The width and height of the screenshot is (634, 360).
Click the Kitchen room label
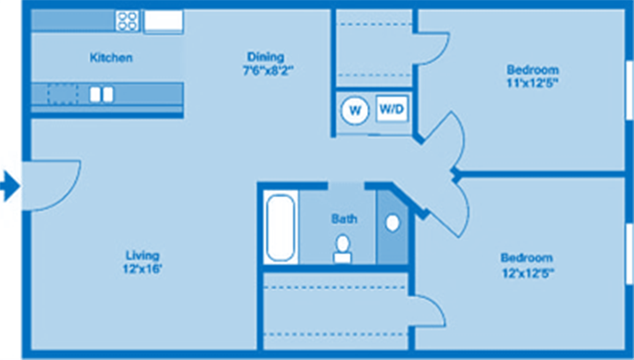tap(111, 57)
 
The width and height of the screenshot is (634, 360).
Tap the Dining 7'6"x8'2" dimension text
tap(268, 70)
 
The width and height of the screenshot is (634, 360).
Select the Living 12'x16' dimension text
tap(143, 268)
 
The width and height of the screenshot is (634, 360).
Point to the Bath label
tap(344, 218)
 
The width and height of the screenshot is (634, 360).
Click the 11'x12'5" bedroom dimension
tap(532, 83)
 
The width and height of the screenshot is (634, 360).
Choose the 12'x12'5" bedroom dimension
tap(527, 273)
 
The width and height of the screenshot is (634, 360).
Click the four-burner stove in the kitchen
tap(128, 21)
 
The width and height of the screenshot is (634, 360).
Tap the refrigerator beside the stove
tap(164, 21)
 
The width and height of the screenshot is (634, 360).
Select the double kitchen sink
tap(101, 94)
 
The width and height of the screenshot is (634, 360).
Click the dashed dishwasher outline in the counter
tap(63, 94)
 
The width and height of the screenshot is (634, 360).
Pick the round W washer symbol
tap(355, 110)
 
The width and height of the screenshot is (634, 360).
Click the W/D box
tap(392, 108)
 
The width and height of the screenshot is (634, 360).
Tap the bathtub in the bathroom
tap(280, 227)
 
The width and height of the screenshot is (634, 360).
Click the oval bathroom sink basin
tap(392, 224)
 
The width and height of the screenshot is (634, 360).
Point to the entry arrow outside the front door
tap(10, 186)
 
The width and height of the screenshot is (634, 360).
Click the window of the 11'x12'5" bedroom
tap(629, 90)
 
